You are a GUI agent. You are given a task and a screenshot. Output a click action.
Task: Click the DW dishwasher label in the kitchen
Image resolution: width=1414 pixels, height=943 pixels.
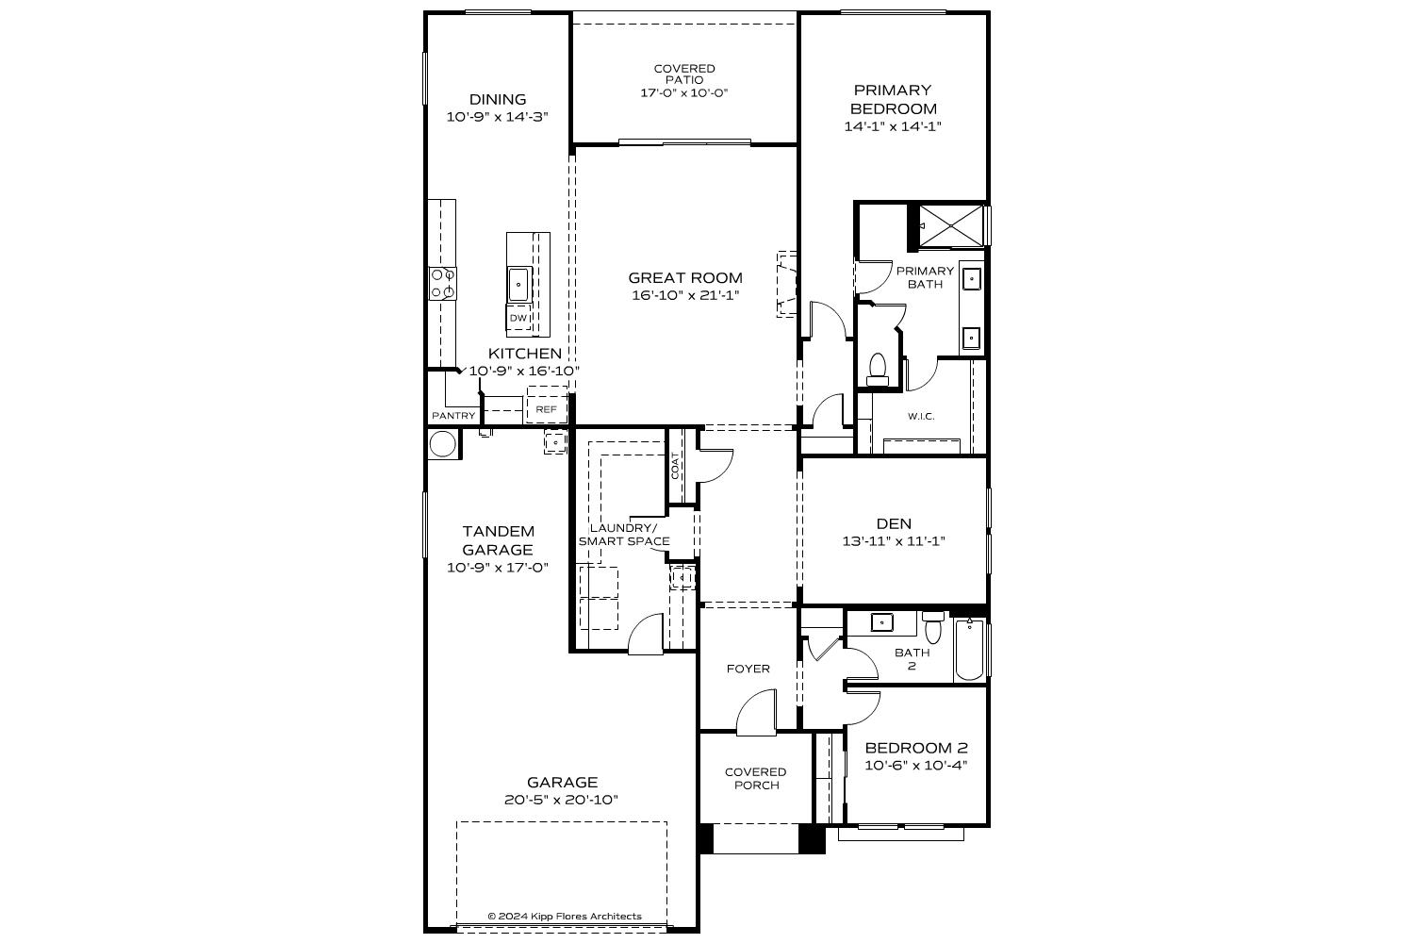point(518,319)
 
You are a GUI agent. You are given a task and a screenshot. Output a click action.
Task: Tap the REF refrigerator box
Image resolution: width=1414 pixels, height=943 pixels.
point(546,409)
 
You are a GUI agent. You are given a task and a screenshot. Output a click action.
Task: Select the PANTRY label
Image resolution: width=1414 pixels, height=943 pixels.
point(453,416)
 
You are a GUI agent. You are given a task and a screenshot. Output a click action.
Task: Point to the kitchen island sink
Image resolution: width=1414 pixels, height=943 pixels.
point(518,284)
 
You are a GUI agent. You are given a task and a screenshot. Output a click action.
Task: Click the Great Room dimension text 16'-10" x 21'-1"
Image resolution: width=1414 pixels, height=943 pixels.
point(685,295)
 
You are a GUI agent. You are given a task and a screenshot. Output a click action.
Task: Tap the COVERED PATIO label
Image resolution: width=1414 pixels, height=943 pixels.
point(684,74)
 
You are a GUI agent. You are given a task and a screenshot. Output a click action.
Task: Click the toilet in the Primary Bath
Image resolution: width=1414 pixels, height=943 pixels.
point(878,368)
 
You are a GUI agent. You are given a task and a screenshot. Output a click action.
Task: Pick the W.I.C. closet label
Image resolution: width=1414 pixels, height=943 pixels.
point(921,416)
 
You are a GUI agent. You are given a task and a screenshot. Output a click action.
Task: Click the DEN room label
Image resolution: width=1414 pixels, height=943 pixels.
point(894,523)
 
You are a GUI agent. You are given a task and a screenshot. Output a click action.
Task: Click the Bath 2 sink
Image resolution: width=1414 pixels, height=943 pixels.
point(881,621)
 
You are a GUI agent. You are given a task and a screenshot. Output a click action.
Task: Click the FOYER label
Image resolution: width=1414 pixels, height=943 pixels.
point(748,669)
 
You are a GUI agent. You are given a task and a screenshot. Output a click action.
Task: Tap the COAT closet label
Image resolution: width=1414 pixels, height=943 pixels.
point(676,466)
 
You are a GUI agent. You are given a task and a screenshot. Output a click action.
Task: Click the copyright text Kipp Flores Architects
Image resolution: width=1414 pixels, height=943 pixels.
point(564,916)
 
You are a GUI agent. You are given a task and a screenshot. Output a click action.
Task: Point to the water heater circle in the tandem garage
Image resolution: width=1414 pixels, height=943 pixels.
point(442,444)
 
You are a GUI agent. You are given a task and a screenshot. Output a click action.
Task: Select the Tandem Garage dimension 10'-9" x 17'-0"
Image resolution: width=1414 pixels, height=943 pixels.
point(498,568)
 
